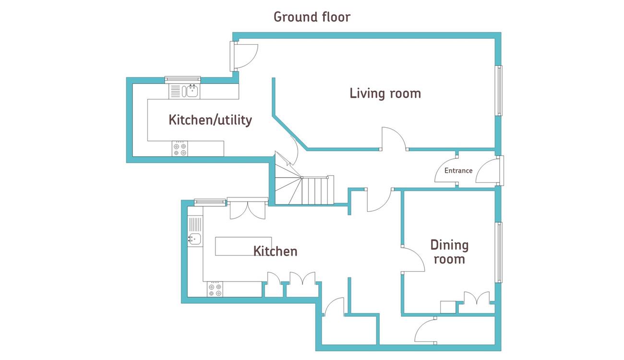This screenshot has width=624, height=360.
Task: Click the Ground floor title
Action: (x=312, y=17)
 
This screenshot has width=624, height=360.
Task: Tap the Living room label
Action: (x=385, y=93)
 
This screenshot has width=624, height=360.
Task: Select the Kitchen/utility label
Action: (x=210, y=120)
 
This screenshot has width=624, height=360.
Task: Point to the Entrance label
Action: (x=458, y=170)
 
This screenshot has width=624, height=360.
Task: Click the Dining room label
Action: (x=449, y=252)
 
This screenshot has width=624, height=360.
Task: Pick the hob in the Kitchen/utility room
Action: (x=180, y=149)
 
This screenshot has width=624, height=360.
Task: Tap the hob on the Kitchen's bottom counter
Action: (x=215, y=289)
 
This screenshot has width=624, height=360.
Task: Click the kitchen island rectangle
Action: (x=243, y=246)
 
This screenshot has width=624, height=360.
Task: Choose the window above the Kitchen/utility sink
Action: (x=182, y=80)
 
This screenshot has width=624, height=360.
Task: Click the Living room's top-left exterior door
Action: (x=243, y=56)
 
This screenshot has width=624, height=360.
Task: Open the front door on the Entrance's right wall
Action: (x=490, y=170)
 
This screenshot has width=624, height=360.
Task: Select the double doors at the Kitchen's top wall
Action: (x=248, y=208)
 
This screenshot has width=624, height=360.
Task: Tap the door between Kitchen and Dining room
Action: (x=413, y=259)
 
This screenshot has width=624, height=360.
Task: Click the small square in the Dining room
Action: (x=448, y=307)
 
